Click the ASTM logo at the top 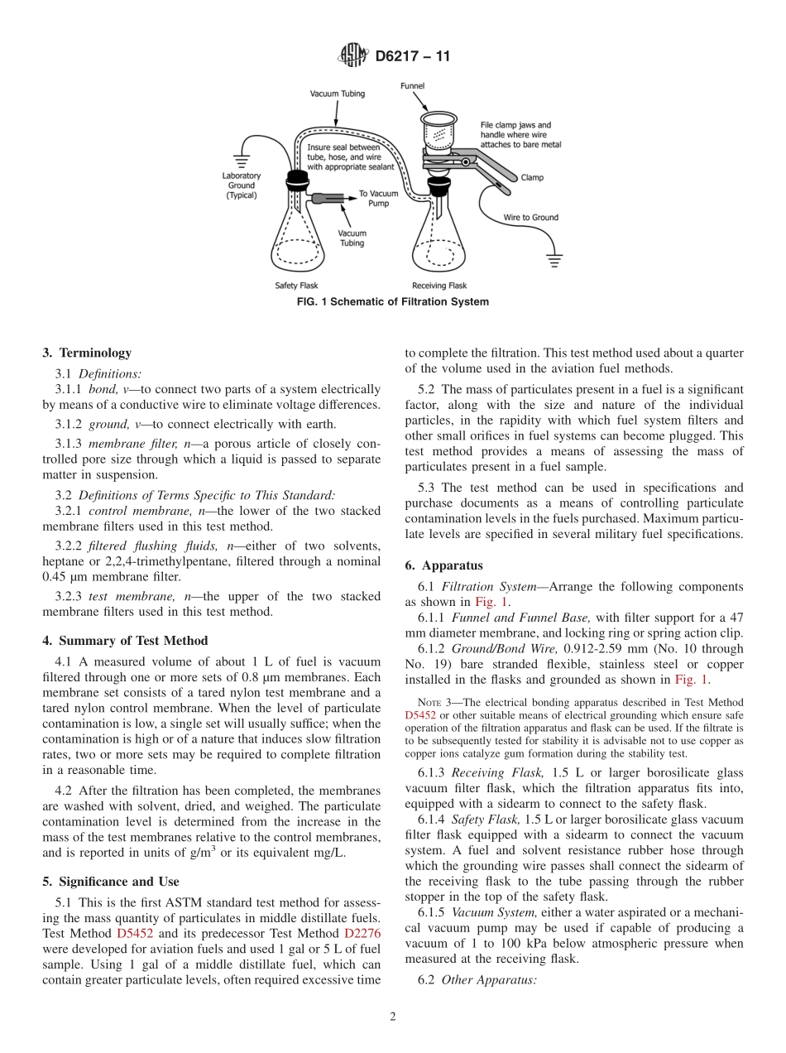point(352,56)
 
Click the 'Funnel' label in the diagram point(413,85)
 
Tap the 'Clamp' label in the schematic point(532,177)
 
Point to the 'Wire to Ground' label point(531,218)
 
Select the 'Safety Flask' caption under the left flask point(296,286)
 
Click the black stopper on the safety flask point(296,180)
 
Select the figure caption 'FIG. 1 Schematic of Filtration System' point(392,302)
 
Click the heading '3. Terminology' point(87,353)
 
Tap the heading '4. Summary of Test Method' point(125,640)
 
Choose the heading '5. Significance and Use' point(111,881)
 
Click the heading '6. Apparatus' point(444,565)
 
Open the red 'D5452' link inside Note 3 point(421,714)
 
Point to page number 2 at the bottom point(393,1017)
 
